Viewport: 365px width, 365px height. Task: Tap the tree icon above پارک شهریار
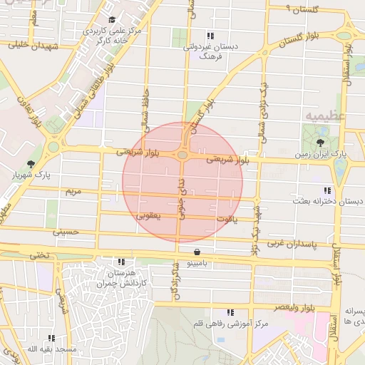point(29,163)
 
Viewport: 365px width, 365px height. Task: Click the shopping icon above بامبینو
point(197,251)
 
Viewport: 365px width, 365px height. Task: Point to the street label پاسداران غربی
point(291,244)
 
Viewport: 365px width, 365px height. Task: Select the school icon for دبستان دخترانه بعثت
point(327,190)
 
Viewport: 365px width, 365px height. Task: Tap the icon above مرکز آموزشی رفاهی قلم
point(230,312)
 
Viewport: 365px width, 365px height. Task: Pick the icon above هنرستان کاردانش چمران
point(123,262)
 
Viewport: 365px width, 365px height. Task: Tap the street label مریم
point(73,192)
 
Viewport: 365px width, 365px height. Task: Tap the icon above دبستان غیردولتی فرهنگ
point(209,35)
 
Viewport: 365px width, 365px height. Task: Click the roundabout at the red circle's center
point(183,155)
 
